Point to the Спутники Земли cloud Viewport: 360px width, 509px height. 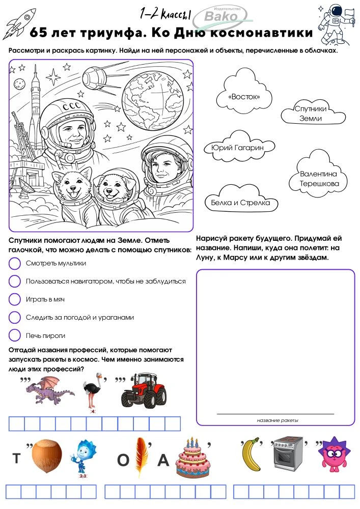311,114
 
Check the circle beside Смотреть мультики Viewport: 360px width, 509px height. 15,264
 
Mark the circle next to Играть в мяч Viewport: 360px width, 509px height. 15,299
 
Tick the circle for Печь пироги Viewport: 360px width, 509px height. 15,335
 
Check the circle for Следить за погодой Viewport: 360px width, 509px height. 15,318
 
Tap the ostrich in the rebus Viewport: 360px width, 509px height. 93,392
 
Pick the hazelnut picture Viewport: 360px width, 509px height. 47,456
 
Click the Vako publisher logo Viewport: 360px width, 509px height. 223,15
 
